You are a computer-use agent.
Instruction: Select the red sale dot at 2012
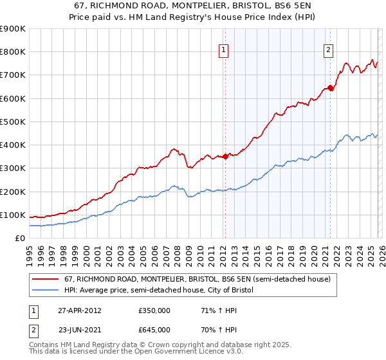(x=225, y=156)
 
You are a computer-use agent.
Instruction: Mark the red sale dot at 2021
(x=330, y=88)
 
